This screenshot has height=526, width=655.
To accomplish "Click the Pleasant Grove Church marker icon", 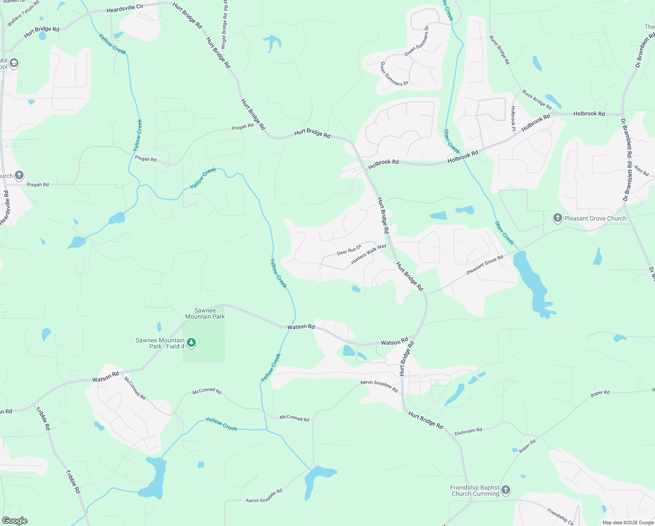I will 557,218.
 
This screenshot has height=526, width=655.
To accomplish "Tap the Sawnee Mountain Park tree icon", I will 191,343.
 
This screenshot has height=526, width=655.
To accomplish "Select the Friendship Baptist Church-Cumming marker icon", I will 506,490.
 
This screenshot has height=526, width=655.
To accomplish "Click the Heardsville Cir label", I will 125,9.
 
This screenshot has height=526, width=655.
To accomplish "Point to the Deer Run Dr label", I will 349,250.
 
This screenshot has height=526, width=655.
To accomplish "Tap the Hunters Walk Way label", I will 369,254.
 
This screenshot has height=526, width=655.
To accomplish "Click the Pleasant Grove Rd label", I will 485,265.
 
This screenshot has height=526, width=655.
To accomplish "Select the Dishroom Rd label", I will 468,431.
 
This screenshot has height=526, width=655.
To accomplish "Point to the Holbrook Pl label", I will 513,118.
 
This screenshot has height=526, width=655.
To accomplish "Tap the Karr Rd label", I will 641,171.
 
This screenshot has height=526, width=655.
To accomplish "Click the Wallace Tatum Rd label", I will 23,14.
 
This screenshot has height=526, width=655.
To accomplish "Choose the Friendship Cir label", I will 560,517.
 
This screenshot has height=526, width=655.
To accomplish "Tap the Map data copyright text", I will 628,522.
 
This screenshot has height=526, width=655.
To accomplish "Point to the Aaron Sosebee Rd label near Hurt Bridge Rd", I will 379,386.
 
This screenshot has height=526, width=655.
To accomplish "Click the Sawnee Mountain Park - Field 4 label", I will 160,343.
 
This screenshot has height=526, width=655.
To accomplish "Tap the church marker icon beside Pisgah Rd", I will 19,176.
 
